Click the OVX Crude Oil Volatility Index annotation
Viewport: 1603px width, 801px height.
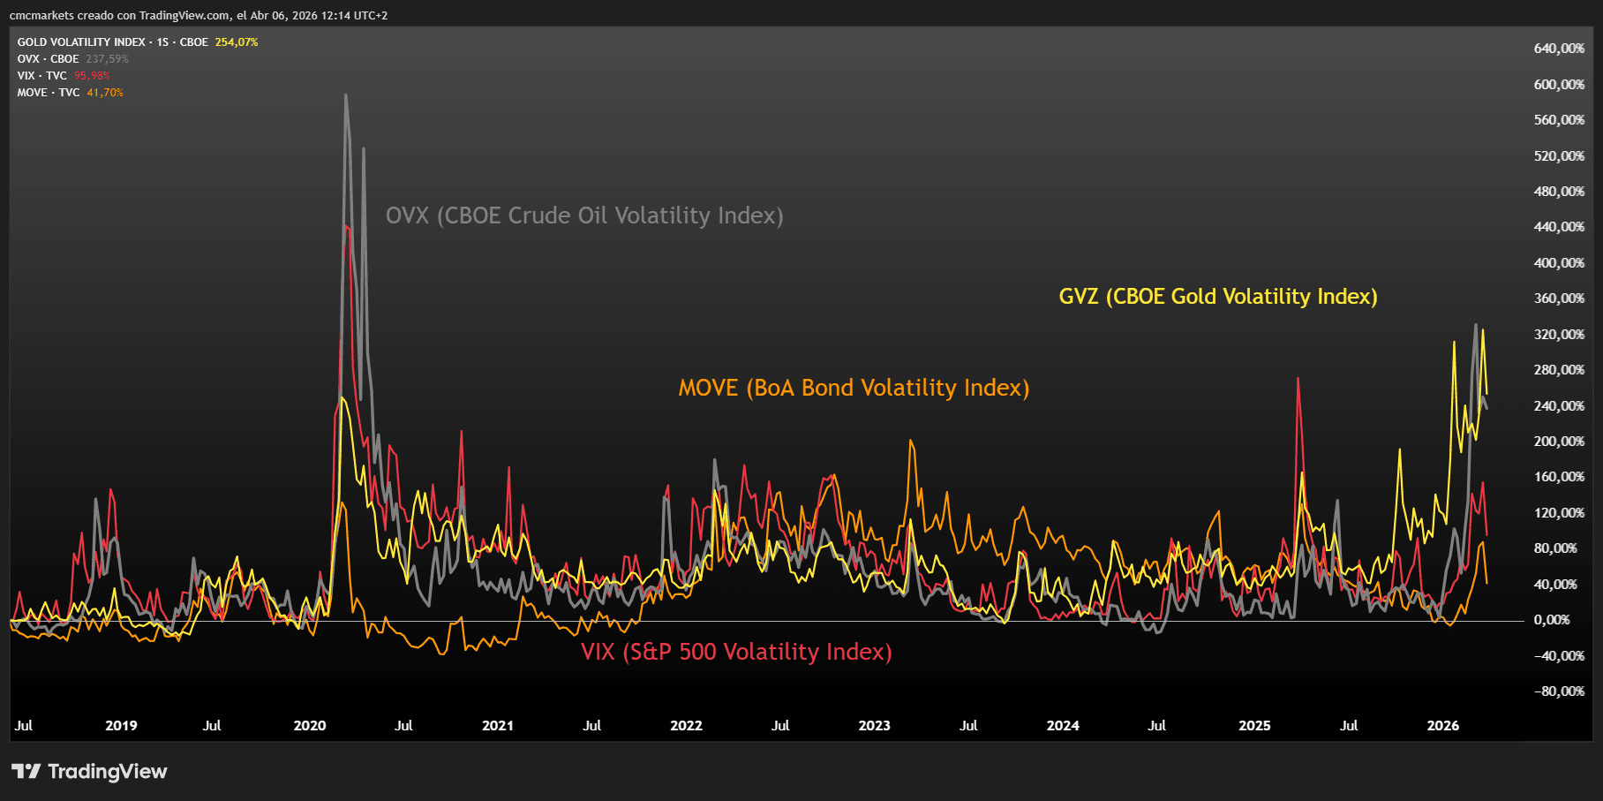click(584, 216)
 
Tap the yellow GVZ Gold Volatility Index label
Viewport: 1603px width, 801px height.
click(1217, 297)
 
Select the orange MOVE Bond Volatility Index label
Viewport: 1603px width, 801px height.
click(854, 389)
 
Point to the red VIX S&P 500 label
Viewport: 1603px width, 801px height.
click(736, 653)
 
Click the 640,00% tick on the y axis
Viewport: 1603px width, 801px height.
click(1559, 49)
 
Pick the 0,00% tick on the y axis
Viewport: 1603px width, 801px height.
click(1552, 620)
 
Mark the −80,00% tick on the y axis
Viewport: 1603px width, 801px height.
click(1559, 691)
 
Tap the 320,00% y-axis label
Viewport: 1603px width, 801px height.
click(1559, 335)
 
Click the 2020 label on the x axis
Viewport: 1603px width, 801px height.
click(310, 726)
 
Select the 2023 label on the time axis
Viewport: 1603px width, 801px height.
click(874, 726)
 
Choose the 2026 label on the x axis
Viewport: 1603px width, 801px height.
click(1443, 726)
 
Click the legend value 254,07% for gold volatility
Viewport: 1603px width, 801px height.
click(237, 42)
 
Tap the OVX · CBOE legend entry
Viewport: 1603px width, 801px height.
click(48, 59)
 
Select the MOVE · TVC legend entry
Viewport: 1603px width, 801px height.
click(49, 93)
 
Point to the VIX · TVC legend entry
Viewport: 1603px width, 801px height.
click(41, 76)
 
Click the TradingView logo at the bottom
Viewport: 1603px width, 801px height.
click(89, 772)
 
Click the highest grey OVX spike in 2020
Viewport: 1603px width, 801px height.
click(346, 95)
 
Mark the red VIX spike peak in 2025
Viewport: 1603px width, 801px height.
click(1298, 379)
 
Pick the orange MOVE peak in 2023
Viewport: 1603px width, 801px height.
click(910, 441)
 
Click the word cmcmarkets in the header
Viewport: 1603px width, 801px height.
click(41, 16)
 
